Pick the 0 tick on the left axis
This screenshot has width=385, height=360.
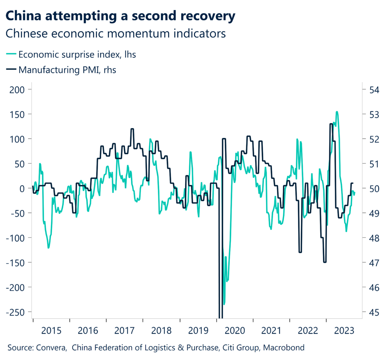click(x=22, y=188)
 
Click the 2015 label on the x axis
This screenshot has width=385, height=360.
click(x=51, y=331)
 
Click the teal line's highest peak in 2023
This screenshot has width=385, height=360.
click(x=337, y=112)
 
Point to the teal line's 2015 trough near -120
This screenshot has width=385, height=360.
click(x=49, y=248)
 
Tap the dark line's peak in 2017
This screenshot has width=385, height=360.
click(x=132, y=129)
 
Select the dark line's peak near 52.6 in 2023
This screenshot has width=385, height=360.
click(x=331, y=124)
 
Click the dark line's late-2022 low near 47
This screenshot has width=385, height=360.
click(x=324, y=262)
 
